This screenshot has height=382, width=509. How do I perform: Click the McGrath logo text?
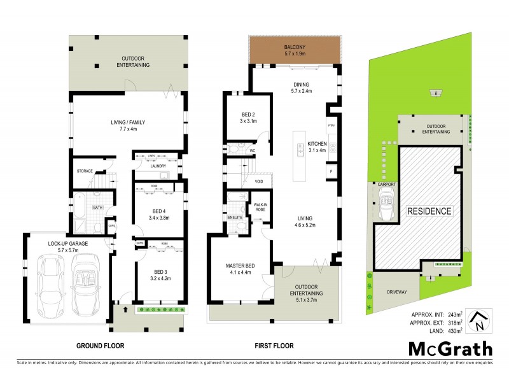point(450,349)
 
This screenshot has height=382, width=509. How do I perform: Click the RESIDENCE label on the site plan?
point(429,211)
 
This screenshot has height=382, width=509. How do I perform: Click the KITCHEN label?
point(317,147)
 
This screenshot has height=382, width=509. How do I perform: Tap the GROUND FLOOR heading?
point(100,346)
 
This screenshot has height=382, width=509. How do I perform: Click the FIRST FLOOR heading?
point(274,346)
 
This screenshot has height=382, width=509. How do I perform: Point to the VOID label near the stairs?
point(259,182)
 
